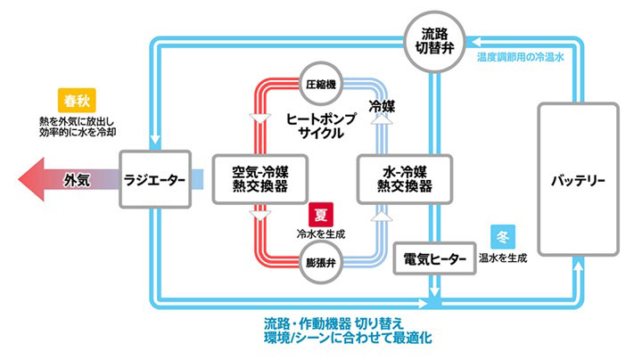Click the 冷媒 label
click(x=383, y=106)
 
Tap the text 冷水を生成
click(x=320, y=233)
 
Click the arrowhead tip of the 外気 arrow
click(x=20, y=180)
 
